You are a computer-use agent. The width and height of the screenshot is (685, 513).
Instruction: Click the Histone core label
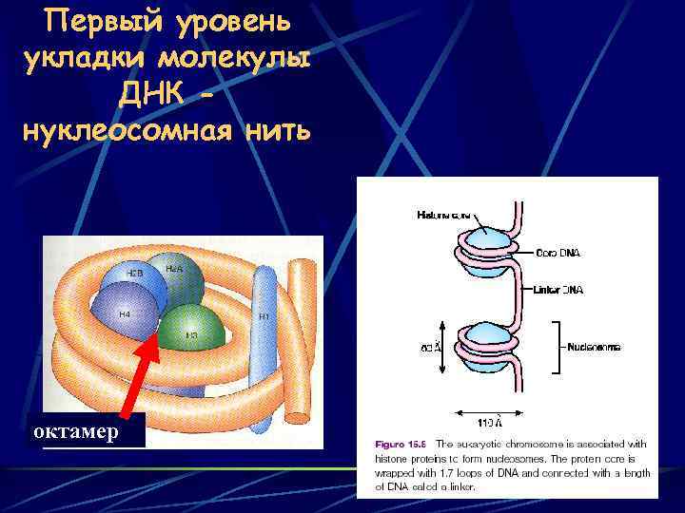point(443,216)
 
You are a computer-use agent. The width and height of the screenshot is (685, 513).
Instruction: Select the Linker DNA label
point(559,289)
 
